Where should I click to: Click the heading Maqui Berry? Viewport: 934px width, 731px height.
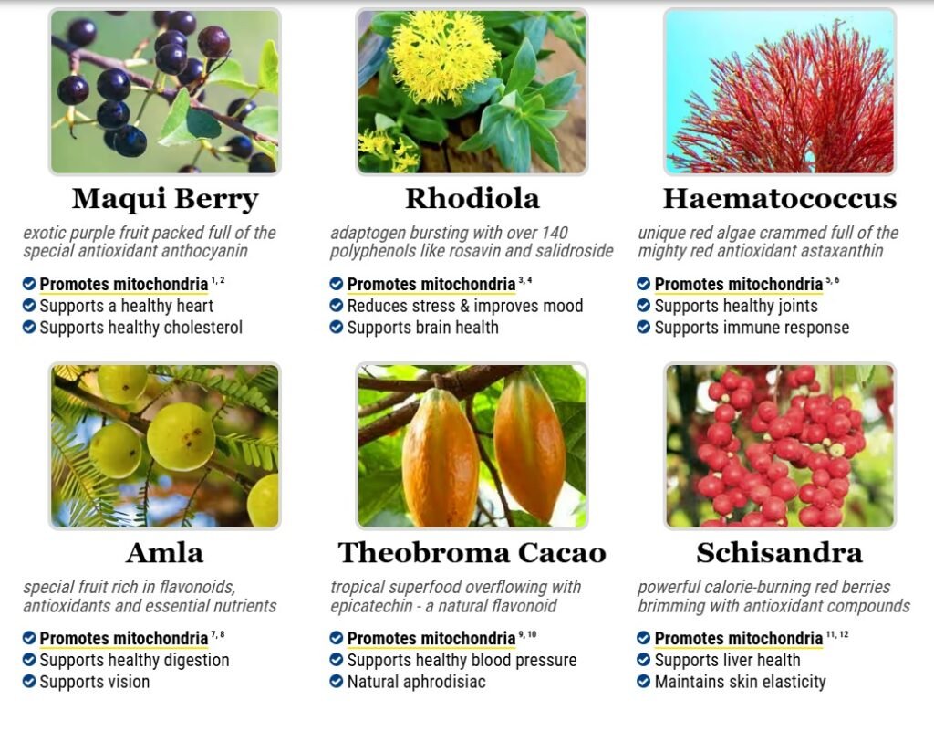tap(165, 200)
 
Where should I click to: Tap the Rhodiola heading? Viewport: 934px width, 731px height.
tap(472, 198)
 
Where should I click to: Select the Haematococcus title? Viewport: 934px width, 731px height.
tap(780, 198)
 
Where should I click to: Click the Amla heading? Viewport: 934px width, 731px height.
tap(165, 553)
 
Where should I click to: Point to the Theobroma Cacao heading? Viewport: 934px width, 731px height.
tap(472, 553)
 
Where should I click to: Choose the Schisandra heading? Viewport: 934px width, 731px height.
tap(780, 553)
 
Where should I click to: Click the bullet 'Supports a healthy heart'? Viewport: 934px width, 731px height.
tap(126, 306)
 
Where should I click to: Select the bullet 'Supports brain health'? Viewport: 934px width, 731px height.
tap(423, 327)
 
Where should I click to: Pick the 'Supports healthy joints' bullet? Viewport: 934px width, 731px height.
tap(736, 306)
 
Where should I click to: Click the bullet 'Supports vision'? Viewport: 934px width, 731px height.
tap(95, 682)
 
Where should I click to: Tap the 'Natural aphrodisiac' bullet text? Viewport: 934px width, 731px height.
tap(416, 682)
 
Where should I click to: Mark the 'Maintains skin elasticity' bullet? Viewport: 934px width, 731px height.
tap(741, 682)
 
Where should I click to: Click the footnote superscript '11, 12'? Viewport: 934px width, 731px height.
tap(837, 634)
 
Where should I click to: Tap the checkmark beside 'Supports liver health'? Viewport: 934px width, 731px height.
tap(643, 660)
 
